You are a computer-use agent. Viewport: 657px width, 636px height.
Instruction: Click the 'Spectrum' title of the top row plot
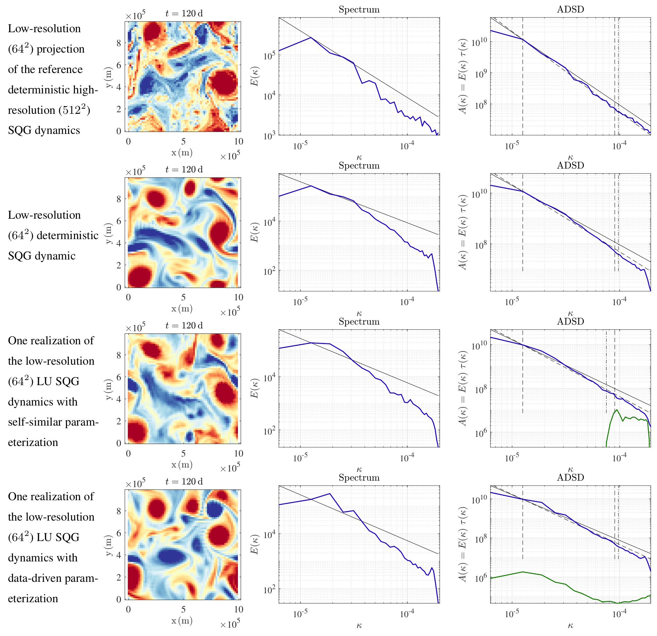point(359,9)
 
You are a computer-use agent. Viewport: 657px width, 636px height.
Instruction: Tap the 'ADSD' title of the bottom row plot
point(571,477)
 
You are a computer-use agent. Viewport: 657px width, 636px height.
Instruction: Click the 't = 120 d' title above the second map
point(184,170)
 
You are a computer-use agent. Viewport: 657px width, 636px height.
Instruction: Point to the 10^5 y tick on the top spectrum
point(269,55)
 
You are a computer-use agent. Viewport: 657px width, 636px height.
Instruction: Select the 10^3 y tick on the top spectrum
point(269,136)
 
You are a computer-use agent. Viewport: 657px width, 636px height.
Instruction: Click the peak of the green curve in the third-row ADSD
point(616,409)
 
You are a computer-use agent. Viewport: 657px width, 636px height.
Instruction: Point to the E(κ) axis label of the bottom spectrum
point(255,544)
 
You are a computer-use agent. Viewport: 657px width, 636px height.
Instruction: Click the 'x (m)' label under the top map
point(182,153)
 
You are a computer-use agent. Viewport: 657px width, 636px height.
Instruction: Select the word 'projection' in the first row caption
point(60,49)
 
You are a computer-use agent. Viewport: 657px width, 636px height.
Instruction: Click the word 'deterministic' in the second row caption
point(67,235)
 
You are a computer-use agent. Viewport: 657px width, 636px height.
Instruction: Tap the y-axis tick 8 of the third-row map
point(119,355)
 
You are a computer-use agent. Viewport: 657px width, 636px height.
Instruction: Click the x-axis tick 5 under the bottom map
point(183,609)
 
